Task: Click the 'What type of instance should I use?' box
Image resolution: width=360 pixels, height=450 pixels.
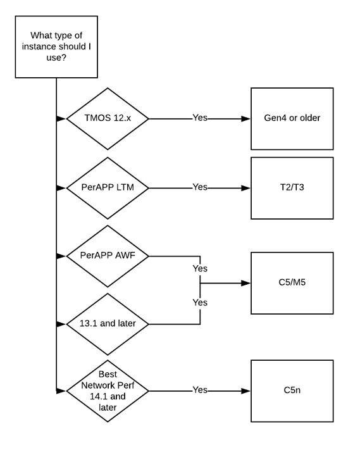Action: coord(56,47)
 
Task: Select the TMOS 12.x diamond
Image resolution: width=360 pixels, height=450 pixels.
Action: coord(108,118)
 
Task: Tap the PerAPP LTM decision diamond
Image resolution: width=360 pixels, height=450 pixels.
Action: coord(108,187)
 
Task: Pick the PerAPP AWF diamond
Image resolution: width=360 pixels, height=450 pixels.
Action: coord(108,256)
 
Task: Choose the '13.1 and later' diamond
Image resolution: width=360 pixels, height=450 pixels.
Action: coord(108,324)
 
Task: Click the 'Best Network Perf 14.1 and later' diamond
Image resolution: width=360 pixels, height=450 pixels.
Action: coord(108,391)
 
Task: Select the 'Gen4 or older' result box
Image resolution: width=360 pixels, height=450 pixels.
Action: coord(292,118)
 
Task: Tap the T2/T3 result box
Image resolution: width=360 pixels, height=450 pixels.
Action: coord(292,188)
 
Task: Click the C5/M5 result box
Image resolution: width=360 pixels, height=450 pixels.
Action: coord(292,283)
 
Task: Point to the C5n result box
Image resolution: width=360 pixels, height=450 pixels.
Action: coord(292,391)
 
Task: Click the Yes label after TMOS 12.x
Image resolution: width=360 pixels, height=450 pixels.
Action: coord(200,118)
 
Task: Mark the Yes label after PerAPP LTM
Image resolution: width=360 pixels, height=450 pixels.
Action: coord(200,187)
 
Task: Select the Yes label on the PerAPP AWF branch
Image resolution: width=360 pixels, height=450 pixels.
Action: coord(200,268)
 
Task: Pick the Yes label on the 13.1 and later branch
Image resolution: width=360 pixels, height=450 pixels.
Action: coord(200,303)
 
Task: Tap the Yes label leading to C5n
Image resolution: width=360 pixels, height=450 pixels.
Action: coord(200,391)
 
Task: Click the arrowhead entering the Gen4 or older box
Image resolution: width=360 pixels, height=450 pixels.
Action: coord(247,118)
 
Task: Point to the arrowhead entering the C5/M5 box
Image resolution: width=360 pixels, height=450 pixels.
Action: coord(247,283)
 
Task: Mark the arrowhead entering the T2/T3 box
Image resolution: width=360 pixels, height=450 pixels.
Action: coord(247,188)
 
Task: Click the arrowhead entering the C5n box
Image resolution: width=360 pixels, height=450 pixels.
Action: coord(247,391)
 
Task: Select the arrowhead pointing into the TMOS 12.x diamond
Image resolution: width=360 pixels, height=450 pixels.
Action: coord(61,118)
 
